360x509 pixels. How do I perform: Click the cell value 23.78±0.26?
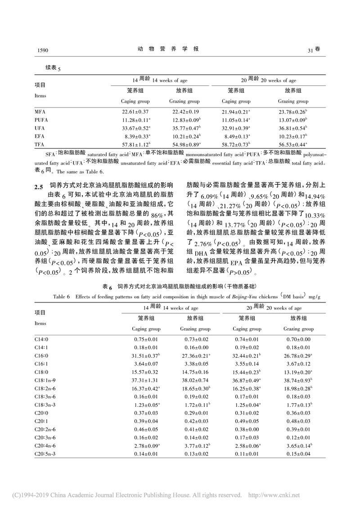[x=292, y=111]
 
